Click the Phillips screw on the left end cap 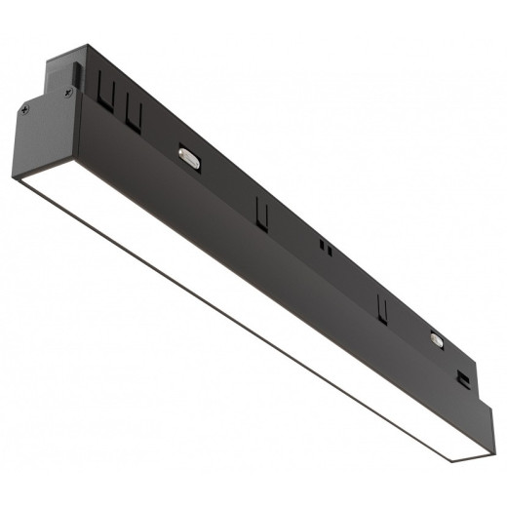66,94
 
